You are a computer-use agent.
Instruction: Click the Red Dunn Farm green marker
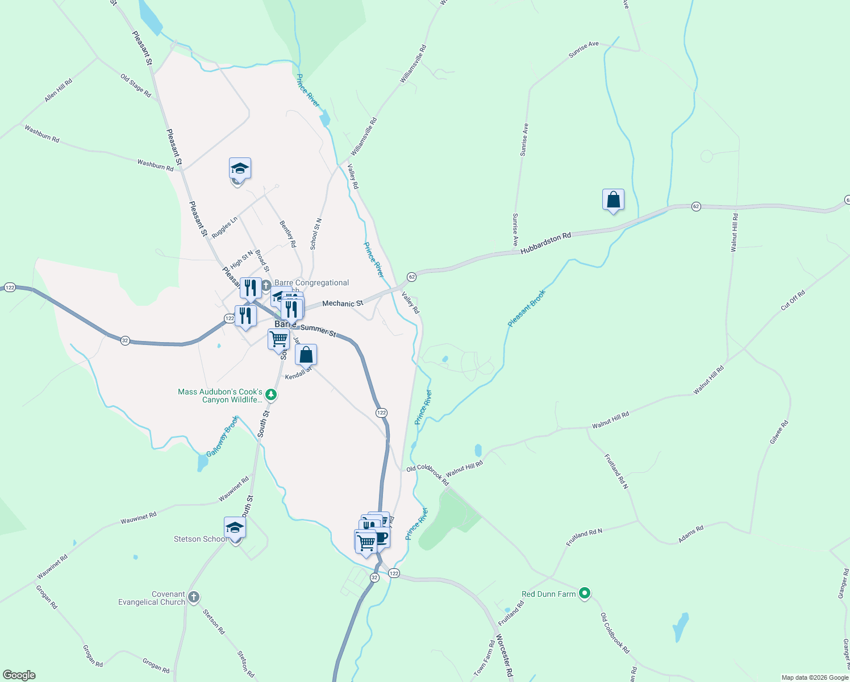pos(585,594)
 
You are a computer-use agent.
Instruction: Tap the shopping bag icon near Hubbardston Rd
pos(613,200)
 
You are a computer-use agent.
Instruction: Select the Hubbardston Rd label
pos(545,243)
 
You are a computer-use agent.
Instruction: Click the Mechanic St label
pos(343,303)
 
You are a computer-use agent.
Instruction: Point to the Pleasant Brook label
pos(527,309)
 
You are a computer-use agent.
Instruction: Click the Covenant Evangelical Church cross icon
pos(194,597)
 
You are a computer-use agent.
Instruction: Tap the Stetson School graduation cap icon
pos(235,528)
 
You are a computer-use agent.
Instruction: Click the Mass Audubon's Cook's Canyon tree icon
pos(272,394)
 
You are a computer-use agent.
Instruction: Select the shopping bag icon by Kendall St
pos(306,355)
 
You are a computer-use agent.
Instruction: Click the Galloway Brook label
pos(223,436)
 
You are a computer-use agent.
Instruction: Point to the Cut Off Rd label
pos(793,300)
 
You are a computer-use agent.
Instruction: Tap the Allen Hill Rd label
pos(59,90)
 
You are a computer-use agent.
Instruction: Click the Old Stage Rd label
pos(136,85)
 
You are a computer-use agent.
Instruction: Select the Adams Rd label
pos(691,534)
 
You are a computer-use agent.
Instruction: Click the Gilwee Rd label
pos(779,432)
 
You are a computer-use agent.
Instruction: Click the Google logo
pos(19,675)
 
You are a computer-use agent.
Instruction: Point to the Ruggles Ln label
pos(224,228)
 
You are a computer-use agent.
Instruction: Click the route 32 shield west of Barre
pos(125,340)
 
